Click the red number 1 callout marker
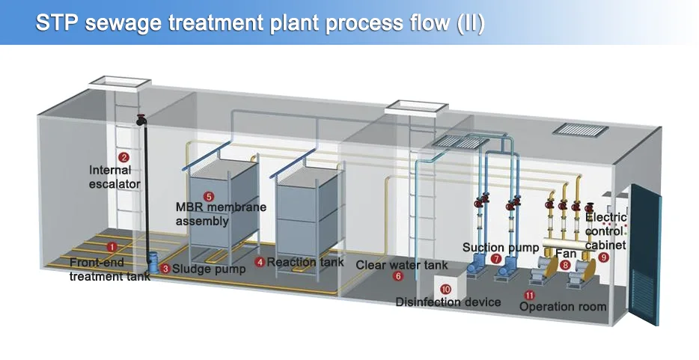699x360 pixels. point(112,246)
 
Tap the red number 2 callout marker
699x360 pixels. point(124,157)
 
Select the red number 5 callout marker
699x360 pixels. point(208,196)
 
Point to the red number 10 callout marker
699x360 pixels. point(445,289)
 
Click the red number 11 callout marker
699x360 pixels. point(530,294)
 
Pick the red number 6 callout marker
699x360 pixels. point(397,276)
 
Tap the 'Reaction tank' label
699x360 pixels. point(305,262)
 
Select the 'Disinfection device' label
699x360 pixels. point(448,302)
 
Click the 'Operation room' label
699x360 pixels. point(563,307)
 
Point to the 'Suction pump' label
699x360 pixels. point(500,247)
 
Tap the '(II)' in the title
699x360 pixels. point(471,22)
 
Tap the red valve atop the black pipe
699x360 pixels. point(141,118)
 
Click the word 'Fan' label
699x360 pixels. point(566,254)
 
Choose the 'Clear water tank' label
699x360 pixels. point(401,265)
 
